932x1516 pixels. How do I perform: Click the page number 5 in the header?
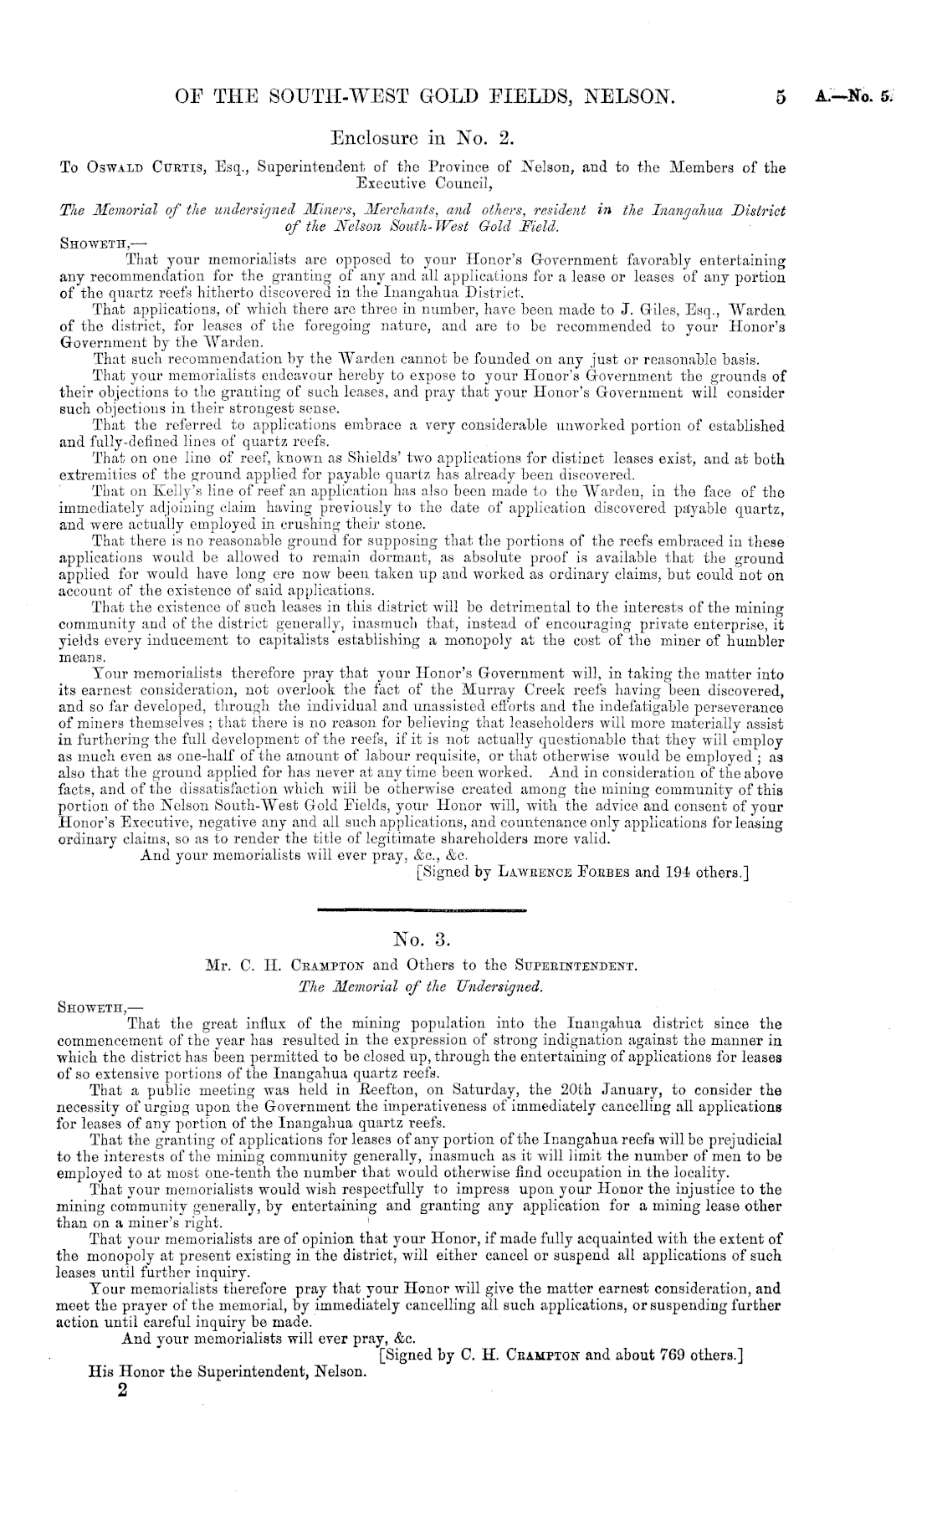[781, 98]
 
